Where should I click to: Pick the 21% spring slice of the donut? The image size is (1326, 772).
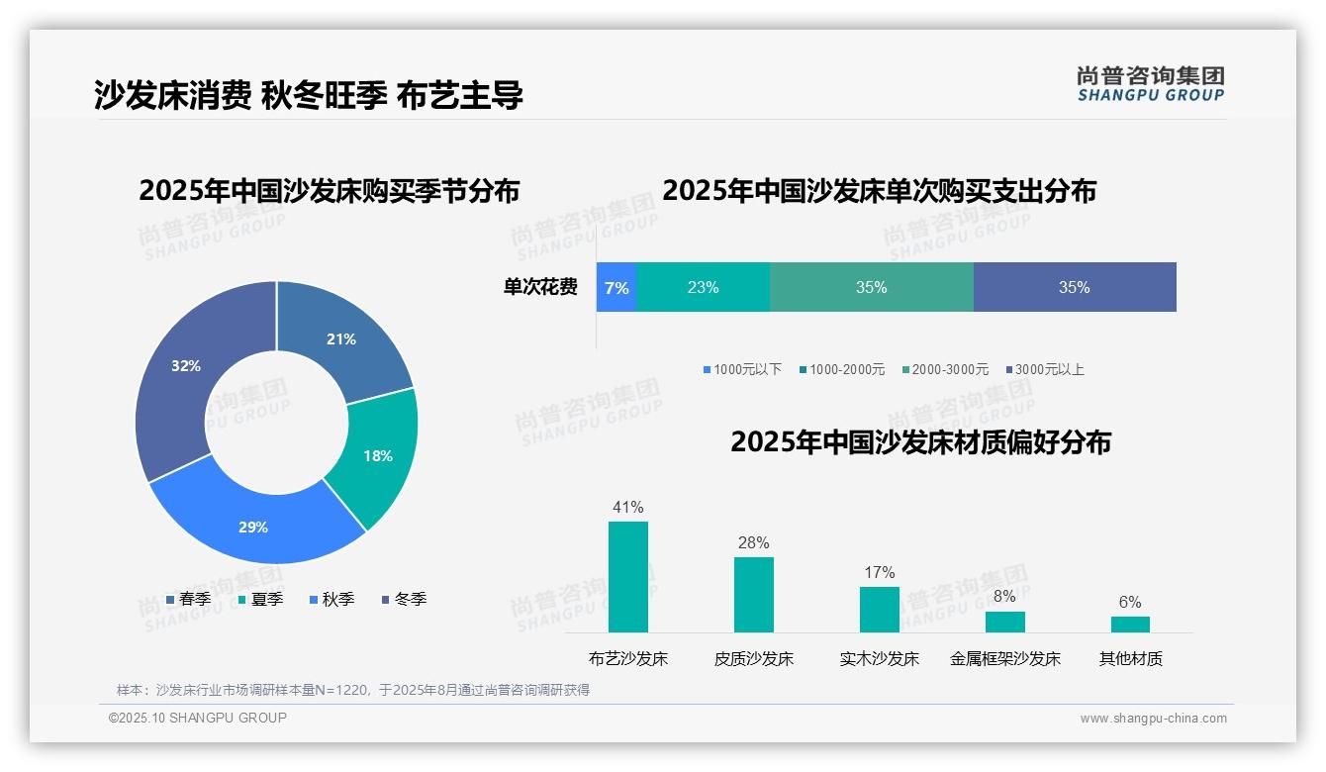click(341, 337)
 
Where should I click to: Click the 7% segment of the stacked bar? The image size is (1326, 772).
click(616, 287)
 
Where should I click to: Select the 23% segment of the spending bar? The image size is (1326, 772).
click(703, 287)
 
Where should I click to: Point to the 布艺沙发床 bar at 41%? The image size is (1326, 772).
click(628, 577)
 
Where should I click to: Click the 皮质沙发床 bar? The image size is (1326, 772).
click(754, 595)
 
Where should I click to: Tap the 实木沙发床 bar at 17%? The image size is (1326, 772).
click(880, 610)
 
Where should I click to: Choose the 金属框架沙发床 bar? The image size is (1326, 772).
click(1005, 622)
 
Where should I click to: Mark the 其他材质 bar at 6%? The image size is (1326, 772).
click(1130, 625)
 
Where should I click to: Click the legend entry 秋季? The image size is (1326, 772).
click(332, 599)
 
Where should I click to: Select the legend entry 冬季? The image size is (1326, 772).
click(405, 599)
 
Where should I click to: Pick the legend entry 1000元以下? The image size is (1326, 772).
click(743, 369)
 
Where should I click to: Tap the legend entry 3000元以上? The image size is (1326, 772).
click(1045, 369)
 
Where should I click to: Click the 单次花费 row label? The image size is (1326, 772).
click(540, 287)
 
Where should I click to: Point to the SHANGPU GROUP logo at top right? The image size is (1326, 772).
click(1151, 84)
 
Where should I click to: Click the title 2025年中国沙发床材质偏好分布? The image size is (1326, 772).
click(920, 442)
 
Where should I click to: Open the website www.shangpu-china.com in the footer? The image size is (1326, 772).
click(1153, 718)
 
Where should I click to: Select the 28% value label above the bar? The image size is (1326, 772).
click(753, 542)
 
